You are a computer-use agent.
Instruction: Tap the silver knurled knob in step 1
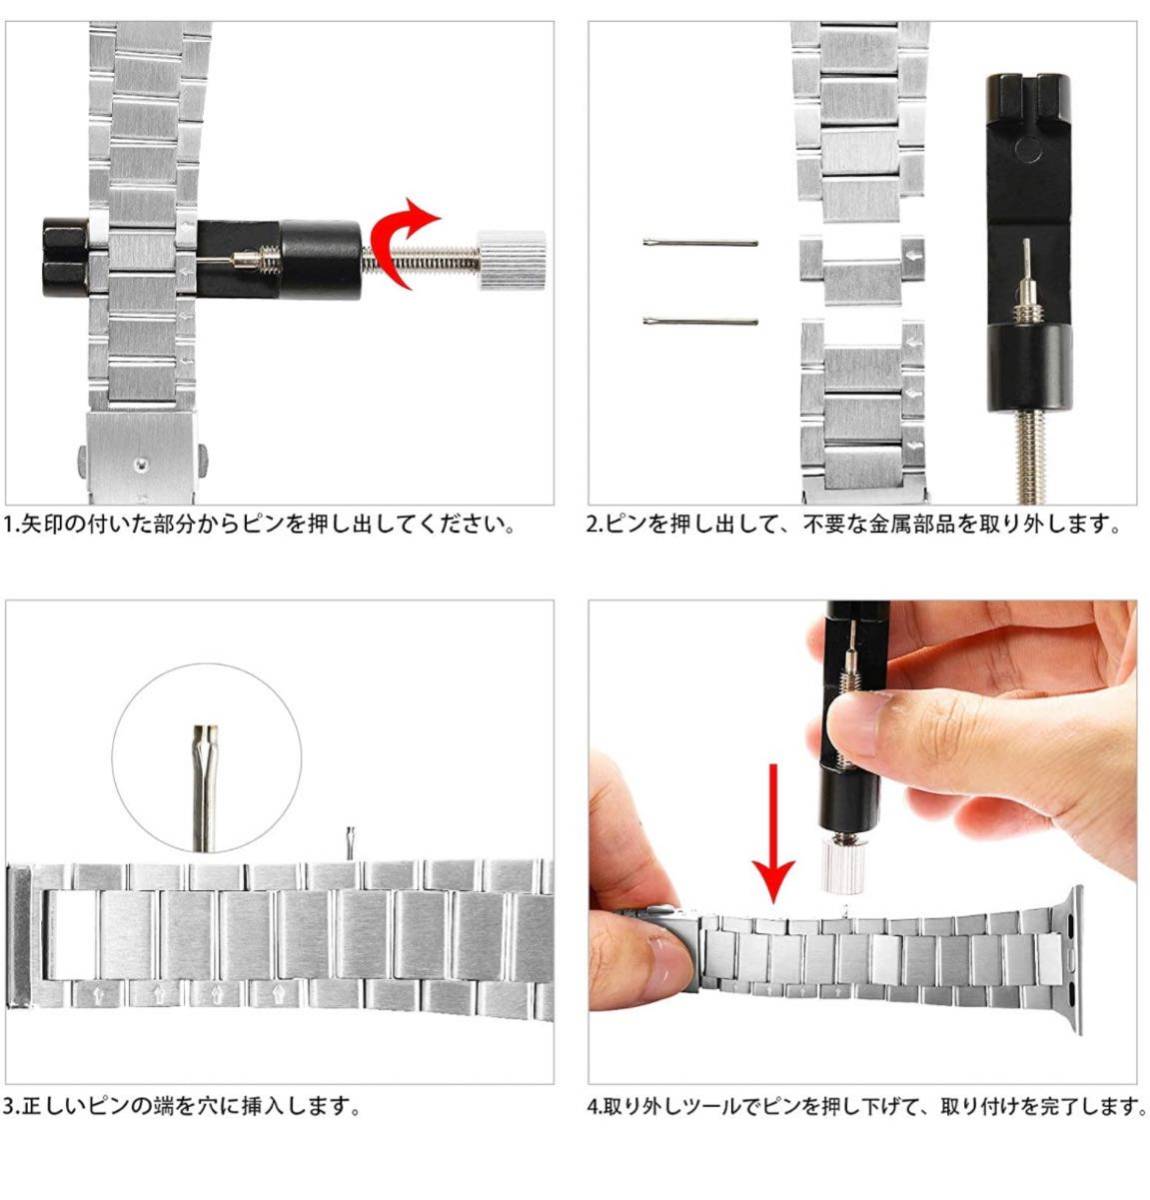pyautogui.click(x=512, y=260)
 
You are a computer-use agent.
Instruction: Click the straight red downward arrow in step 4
pyautogui.click(x=773, y=832)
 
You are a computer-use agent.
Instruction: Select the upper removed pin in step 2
pyautogui.click(x=700, y=242)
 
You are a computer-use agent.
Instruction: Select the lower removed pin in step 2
pyautogui.click(x=700, y=321)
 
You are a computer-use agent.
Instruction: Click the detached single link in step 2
pyautogui.click(x=861, y=269)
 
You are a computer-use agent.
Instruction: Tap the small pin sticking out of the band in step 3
pyautogui.click(x=350, y=842)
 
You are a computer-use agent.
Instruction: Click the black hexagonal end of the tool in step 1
pyautogui.click(x=65, y=257)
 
